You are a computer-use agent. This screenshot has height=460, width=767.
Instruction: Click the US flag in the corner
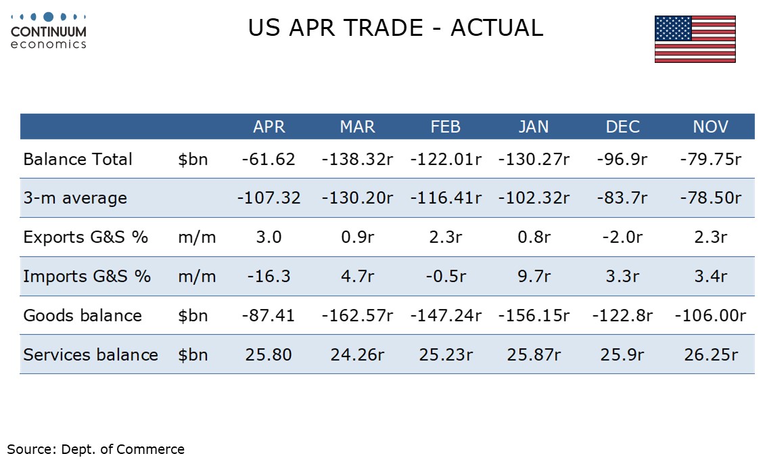click(x=695, y=39)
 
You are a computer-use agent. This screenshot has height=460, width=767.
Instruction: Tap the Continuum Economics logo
click(x=49, y=31)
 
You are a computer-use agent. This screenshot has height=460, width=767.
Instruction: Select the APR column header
click(x=269, y=127)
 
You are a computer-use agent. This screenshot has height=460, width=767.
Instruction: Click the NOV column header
click(x=710, y=127)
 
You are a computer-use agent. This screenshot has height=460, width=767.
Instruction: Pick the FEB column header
click(x=445, y=127)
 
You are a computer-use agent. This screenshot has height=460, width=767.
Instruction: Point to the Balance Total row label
click(x=78, y=159)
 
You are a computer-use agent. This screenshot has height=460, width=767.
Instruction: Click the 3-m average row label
click(x=75, y=198)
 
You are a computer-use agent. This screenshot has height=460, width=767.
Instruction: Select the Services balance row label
click(x=91, y=354)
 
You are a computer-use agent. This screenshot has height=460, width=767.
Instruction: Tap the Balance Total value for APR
click(x=269, y=159)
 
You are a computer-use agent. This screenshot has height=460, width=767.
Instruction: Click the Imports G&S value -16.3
click(x=269, y=276)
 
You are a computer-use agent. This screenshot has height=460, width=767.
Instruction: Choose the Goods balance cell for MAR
click(x=357, y=315)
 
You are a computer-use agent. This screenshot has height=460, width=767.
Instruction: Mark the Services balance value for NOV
click(x=711, y=354)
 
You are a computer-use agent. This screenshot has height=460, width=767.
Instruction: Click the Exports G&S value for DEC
click(x=622, y=237)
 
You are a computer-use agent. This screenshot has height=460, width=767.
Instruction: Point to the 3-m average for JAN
click(x=534, y=198)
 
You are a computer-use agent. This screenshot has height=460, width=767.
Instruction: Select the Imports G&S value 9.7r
click(x=534, y=276)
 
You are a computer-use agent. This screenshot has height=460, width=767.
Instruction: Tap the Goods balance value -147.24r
click(x=446, y=315)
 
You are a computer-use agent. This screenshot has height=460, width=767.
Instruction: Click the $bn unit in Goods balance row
click(x=193, y=315)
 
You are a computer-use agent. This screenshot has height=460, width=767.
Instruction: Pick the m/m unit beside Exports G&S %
click(x=197, y=237)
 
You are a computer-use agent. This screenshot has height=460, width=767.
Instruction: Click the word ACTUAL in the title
click(x=497, y=28)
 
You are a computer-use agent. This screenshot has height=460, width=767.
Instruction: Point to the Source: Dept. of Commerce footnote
click(x=96, y=449)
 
